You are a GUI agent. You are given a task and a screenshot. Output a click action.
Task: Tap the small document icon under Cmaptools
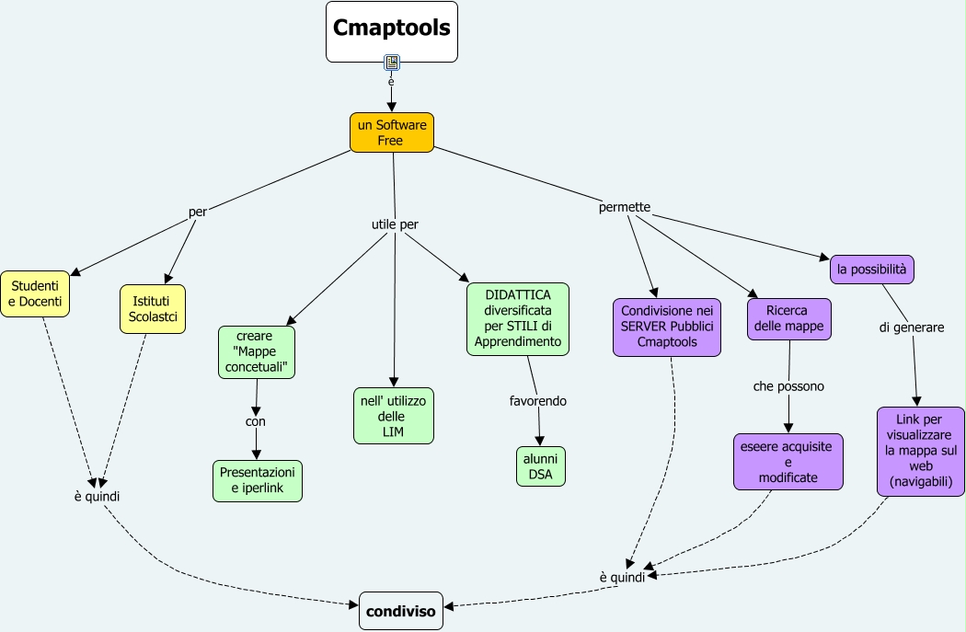coord(392,63)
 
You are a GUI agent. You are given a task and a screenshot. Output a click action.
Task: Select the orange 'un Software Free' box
coord(391,132)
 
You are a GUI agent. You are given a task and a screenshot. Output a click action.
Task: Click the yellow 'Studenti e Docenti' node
coord(35,293)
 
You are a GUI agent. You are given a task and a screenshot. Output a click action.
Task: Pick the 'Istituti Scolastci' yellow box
coord(153,308)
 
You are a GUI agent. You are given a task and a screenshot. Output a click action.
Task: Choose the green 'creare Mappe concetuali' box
coord(257,352)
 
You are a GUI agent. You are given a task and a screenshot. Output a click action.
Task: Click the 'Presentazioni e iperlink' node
coord(257,481)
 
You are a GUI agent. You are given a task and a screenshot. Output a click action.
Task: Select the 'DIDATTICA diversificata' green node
coord(517,319)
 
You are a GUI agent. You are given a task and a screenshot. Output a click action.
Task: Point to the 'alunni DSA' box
coord(540,466)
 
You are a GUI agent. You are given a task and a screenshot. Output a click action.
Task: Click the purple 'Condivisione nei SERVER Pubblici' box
coord(667,327)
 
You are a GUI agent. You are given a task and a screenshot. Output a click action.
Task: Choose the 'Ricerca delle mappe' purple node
coord(788,318)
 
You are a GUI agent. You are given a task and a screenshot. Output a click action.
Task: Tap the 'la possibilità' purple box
coord(871,269)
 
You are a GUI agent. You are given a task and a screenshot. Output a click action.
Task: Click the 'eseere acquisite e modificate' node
coord(788,462)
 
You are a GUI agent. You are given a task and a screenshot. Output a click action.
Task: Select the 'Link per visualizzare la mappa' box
coord(920,451)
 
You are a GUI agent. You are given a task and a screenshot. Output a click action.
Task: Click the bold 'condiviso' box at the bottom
coord(400,611)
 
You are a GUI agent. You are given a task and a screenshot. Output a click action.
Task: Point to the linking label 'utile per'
coord(395,224)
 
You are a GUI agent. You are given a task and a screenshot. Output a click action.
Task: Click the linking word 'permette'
coord(625,207)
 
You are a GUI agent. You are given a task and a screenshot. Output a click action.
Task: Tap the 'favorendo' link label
coord(538,401)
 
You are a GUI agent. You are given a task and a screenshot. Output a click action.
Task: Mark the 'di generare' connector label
coord(911,327)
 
